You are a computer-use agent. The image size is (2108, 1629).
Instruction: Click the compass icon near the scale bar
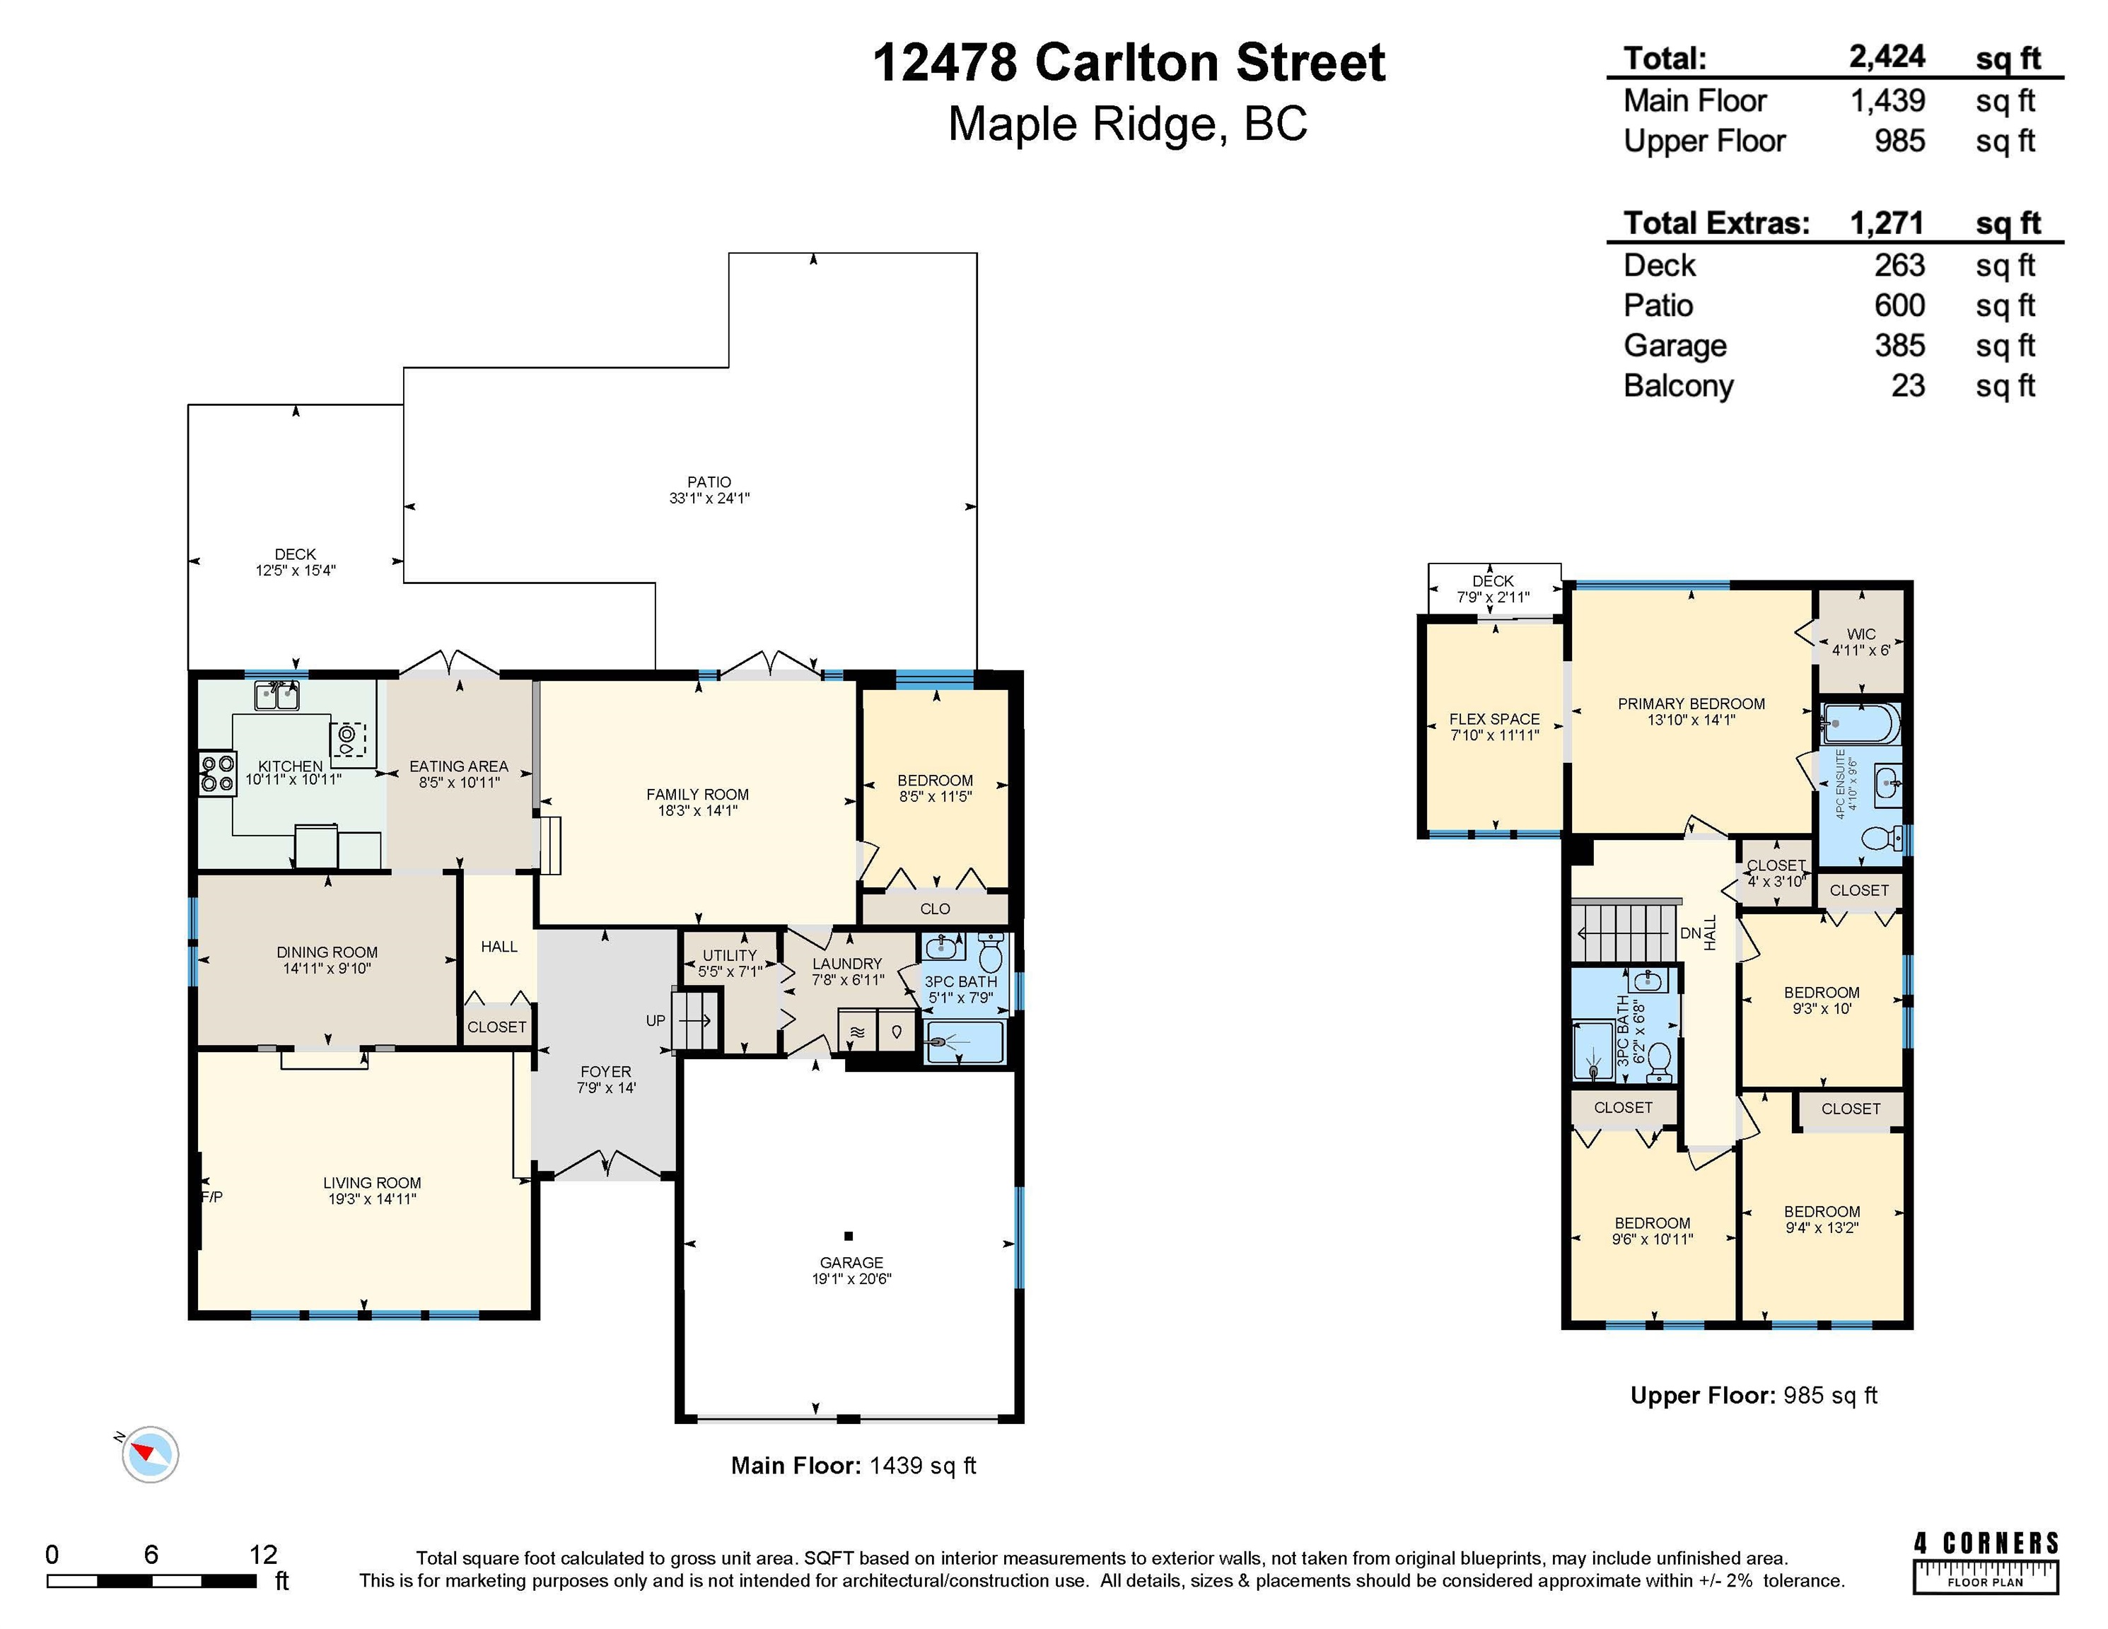click(150, 1454)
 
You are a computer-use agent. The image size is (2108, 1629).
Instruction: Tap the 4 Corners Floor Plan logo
click(1986, 1561)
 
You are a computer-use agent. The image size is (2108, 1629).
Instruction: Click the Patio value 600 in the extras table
click(1899, 306)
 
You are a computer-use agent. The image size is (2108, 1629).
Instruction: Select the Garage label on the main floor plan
click(851, 1262)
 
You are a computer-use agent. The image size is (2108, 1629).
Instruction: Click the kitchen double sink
click(277, 695)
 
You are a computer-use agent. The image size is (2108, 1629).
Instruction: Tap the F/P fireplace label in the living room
click(212, 1197)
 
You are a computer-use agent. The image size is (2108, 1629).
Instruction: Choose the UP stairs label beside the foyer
click(656, 1020)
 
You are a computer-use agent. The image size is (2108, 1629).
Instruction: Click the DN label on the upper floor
click(1690, 933)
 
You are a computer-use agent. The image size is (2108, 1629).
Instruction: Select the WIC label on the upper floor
click(1861, 634)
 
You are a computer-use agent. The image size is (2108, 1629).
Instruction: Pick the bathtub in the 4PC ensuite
click(1862, 723)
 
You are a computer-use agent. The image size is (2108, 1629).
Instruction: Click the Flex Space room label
click(1494, 719)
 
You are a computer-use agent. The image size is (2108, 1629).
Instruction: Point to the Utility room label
click(730, 955)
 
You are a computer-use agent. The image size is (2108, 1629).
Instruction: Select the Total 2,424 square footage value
click(1887, 58)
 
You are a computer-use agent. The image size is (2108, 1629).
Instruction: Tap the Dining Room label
click(327, 952)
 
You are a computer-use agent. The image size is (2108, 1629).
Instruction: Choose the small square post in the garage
click(849, 1235)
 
